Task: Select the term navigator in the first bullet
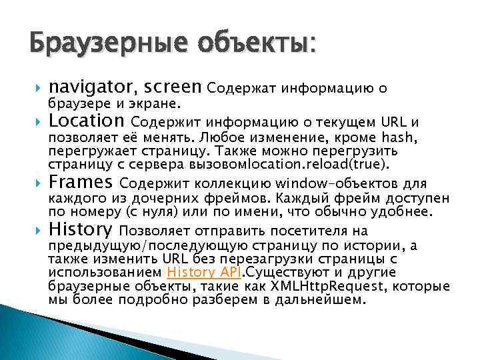(91, 87)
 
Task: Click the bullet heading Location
(87, 122)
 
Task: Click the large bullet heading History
(81, 231)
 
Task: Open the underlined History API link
(205, 272)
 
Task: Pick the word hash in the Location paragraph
(399, 137)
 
